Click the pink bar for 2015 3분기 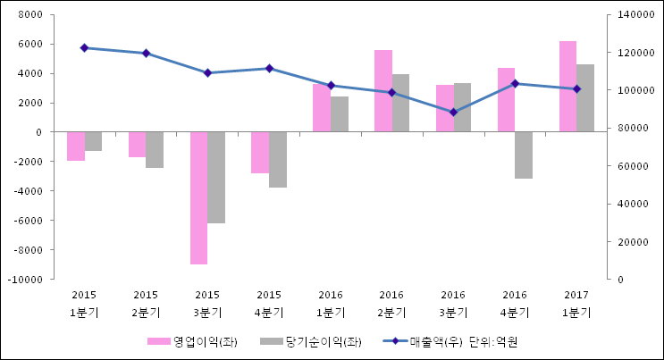tap(198, 197)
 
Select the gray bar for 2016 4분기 tap(524, 155)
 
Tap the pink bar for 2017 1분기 tap(568, 87)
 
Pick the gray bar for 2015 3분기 tap(216, 177)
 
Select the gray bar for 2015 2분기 tap(155, 149)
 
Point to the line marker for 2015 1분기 tap(84, 47)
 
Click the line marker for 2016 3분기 tap(453, 112)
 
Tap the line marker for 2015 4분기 tap(269, 68)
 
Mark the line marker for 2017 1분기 tap(576, 88)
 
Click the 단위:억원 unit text tap(493, 341)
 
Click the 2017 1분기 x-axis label tap(576, 303)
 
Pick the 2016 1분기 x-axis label tap(331, 303)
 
